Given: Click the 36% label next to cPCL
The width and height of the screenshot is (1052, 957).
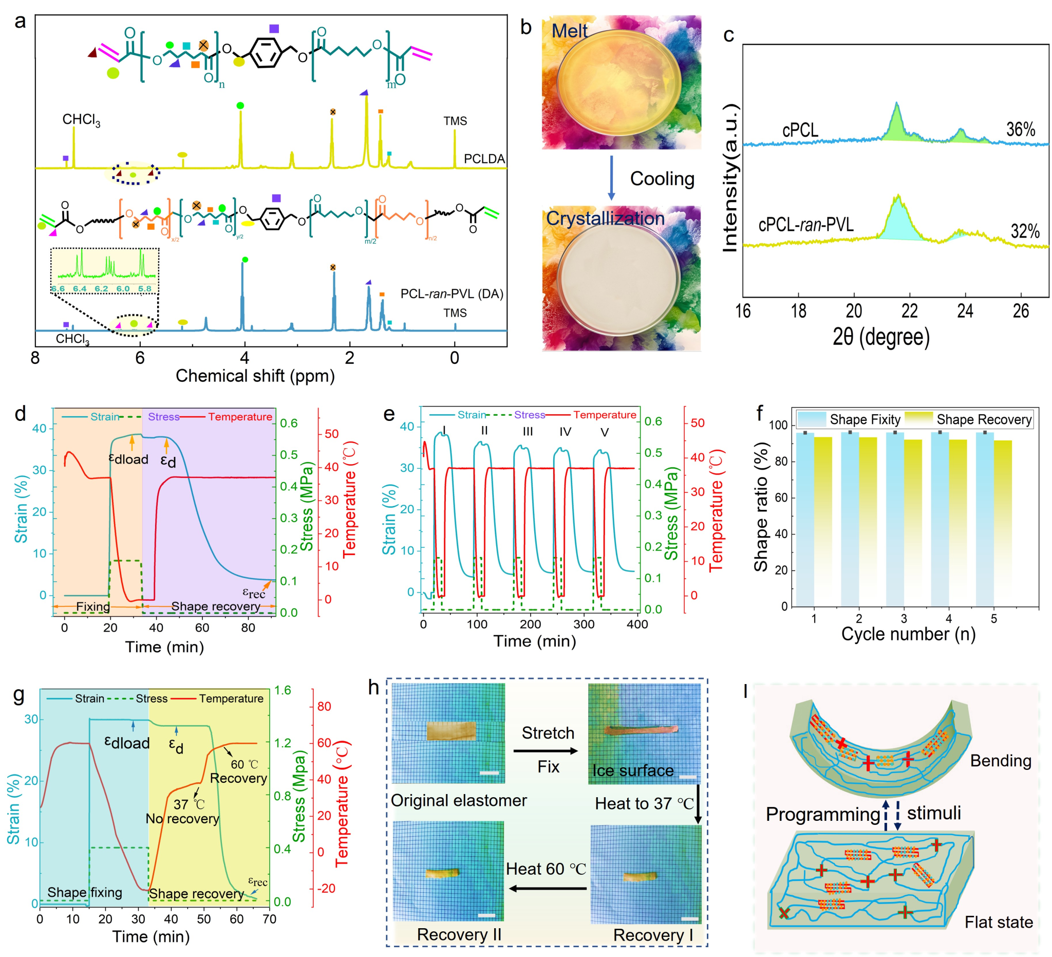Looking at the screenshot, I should tap(1020, 130).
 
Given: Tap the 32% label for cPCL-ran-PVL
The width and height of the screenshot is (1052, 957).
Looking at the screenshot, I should tap(1025, 231).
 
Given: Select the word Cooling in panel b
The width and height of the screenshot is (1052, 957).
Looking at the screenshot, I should tap(662, 178).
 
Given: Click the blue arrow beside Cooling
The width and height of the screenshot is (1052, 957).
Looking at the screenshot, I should tap(611, 177).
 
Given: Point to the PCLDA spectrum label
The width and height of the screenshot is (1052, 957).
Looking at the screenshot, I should tap(484, 159).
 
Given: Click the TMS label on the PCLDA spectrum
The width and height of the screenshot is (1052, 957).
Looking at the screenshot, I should tap(455, 121).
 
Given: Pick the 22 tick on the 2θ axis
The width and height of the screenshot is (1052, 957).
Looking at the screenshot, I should tap(909, 311).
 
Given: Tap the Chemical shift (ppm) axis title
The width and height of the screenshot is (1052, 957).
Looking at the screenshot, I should tap(255, 375).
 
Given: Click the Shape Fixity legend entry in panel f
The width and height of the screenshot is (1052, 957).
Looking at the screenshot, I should tap(865, 419).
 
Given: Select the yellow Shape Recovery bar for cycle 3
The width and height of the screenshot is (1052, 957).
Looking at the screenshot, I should tap(913, 522).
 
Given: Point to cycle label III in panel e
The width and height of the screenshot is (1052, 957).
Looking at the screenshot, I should tap(528, 432).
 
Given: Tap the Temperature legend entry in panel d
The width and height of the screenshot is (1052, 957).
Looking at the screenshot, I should tap(239, 417).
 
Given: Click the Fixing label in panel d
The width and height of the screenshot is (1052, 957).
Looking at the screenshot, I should tap(93, 606).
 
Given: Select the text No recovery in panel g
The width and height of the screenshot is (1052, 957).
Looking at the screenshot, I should tap(182, 818).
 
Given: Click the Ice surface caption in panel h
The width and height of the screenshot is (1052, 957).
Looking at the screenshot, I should tap(632, 770).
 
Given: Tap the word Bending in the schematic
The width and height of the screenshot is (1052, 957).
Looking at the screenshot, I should tap(1000, 761).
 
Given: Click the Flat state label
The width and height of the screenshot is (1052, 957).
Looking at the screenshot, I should tap(998, 922).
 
